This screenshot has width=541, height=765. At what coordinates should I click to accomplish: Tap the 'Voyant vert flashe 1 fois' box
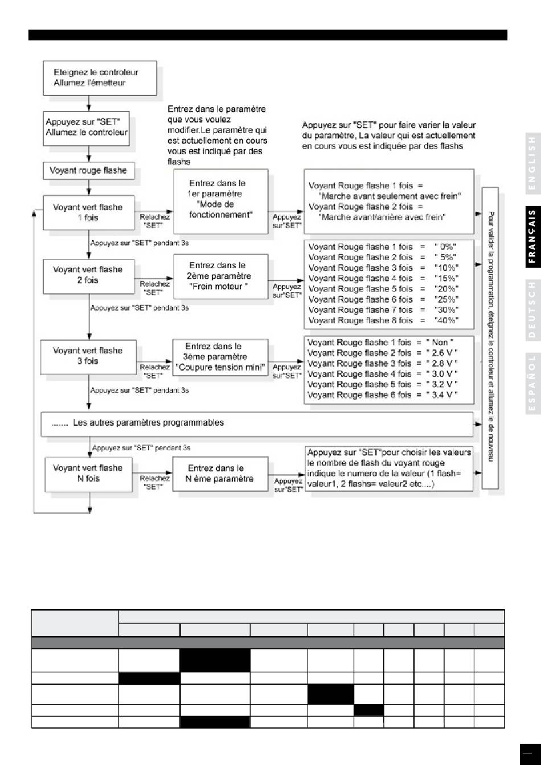[88, 213]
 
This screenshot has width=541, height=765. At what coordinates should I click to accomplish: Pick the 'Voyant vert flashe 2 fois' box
[88, 275]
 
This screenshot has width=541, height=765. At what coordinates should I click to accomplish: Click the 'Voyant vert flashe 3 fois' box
[88, 356]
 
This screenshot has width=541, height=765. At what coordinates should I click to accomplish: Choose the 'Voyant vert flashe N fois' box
[88, 474]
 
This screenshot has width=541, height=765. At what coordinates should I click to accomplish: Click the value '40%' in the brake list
[446, 320]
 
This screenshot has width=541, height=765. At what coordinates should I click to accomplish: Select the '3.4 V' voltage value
[444, 394]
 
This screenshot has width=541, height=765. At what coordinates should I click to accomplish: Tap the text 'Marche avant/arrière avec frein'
[382, 216]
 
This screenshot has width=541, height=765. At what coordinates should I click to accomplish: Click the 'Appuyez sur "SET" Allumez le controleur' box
[87, 127]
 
